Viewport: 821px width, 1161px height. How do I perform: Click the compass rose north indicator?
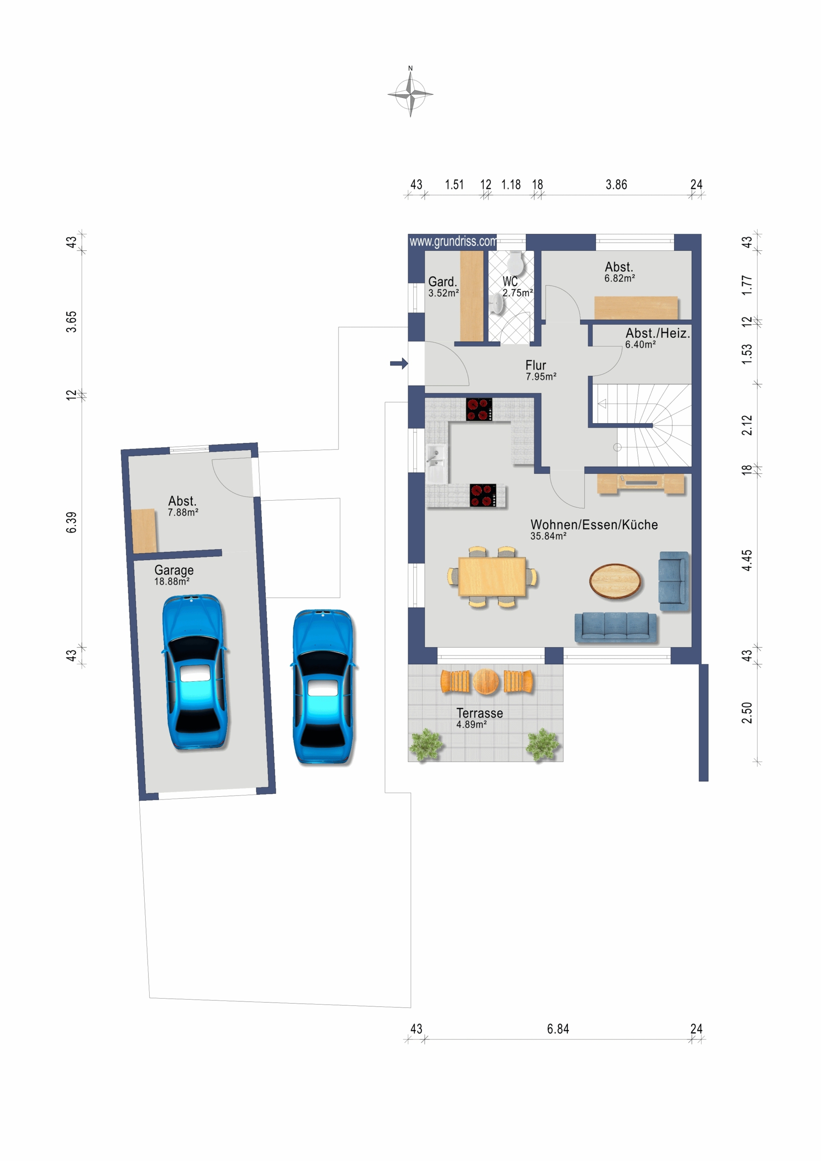(410, 93)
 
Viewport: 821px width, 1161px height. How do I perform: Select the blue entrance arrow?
(399, 363)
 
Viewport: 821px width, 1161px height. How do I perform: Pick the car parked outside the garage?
(324, 686)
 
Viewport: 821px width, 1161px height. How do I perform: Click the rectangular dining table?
(492, 576)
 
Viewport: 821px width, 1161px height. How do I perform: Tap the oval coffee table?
(615, 581)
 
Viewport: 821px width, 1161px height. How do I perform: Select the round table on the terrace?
(486, 681)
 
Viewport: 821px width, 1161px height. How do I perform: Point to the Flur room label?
(536, 365)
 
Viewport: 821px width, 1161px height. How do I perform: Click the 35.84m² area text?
(548, 536)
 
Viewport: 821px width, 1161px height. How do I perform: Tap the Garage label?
(174, 571)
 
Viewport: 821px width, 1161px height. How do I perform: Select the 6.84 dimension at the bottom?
(558, 1029)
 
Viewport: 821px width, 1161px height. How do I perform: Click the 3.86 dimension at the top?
(616, 185)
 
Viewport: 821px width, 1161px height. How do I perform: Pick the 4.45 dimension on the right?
(747, 560)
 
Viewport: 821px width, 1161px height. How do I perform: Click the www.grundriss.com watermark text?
(453, 241)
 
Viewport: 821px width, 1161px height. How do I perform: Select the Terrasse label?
(479, 713)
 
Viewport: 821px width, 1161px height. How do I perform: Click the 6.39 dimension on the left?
(71, 522)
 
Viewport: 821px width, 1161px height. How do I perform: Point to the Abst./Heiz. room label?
(658, 333)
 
